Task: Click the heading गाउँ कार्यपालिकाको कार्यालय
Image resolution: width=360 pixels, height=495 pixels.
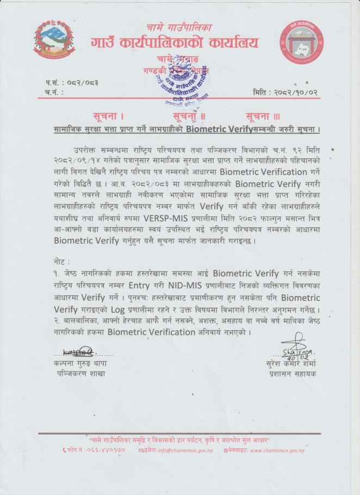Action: point(175,42)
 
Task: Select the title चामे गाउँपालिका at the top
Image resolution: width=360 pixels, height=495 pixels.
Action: point(175,26)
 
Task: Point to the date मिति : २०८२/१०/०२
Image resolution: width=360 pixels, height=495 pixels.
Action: point(285,92)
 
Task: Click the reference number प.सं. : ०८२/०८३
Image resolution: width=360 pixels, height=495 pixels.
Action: point(72,82)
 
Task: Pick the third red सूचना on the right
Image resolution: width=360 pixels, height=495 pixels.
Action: point(262,116)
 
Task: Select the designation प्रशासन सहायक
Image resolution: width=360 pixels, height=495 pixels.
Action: point(292,374)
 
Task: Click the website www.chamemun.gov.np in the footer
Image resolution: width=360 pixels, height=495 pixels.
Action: point(277,451)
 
